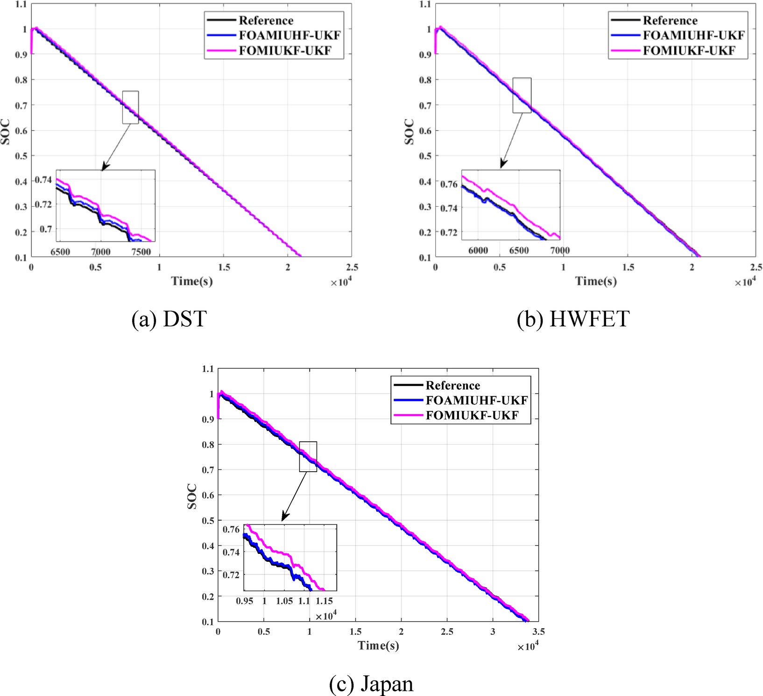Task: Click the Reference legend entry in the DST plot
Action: pyautogui.click(x=266, y=21)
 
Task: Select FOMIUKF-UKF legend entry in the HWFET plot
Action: pyautogui.click(x=688, y=50)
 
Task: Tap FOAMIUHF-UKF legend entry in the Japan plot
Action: pyautogui.click(x=476, y=401)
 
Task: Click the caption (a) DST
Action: pyautogui.click(x=169, y=319)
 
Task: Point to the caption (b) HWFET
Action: pyautogui.click(x=573, y=319)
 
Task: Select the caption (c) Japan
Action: pyautogui.click(x=371, y=684)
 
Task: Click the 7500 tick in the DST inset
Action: pyautogui.click(x=141, y=252)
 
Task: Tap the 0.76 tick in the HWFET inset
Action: pyautogui.click(x=449, y=184)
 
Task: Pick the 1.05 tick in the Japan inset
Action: pyautogui.click(x=284, y=601)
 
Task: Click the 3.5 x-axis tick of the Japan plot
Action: pyautogui.click(x=538, y=631)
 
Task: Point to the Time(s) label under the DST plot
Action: pyautogui.click(x=192, y=281)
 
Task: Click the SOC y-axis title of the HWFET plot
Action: pyautogui.click(x=410, y=132)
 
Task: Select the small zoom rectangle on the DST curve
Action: pyautogui.click(x=130, y=107)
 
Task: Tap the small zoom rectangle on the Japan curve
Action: pyautogui.click(x=308, y=456)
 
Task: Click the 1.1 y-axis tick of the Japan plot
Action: pyautogui.click(x=208, y=369)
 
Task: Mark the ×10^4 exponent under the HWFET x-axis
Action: pyautogui.click(x=745, y=282)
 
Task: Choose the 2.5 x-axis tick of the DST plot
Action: pyautogui.click(x=352, y=267)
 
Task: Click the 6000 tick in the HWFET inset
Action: pyautogui.click(x=478, y=251)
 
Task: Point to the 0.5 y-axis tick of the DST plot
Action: pyautogui.click(x=21, y=156)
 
